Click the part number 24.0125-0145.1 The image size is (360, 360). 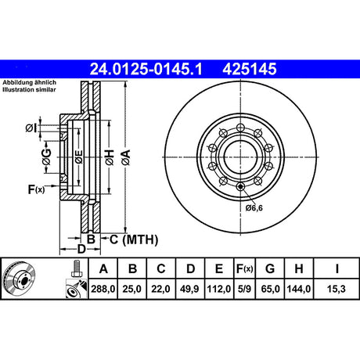[x=146, y=70]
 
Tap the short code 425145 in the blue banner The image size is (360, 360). [x=250, y=70]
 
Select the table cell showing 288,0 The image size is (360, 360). [x=103, y=289]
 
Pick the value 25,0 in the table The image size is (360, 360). [x=132, y=289]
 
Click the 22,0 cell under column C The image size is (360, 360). [x=161, y=289]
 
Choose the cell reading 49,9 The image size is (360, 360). [x=190, y=289]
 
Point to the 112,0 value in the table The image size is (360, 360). [x=219, y=289]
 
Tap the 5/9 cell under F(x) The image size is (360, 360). [x=244, y=289]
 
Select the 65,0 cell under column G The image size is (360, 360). [x=270, y=289]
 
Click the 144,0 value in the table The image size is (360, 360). [x=299, y=289]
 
